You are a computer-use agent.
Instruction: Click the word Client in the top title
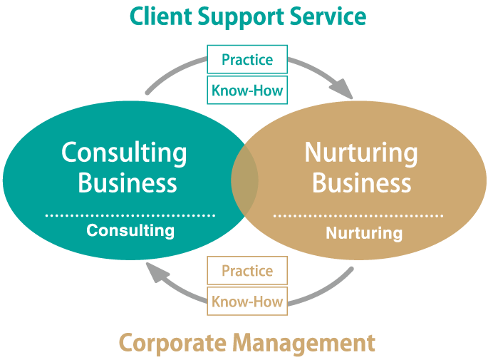[154, 15]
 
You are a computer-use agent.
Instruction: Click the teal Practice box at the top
[247, 60]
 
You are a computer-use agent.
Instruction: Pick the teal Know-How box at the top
[247, 91]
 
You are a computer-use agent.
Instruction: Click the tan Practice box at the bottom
[247, 271]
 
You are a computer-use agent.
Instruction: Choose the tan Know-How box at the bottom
[247, 302]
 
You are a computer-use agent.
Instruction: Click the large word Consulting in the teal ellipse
[124, 153]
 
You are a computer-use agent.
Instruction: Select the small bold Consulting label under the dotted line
[130, 230]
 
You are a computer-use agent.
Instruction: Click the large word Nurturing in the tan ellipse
[361, 153]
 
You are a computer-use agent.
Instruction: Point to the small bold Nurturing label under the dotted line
[364, 232]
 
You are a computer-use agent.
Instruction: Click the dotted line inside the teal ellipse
[130, 214]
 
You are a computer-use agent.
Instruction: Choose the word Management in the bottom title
[304, 343]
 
